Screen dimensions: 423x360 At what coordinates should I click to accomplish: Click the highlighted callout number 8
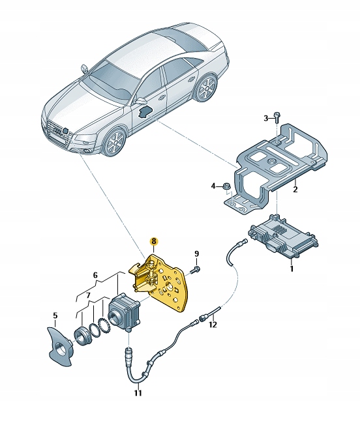pyautogui.click(x=153, y=241)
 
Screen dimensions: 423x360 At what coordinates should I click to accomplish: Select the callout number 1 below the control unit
pyautogui.click(x=292, y=269)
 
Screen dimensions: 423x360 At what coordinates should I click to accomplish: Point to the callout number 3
pyautogui.click(x=213, y=186)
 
